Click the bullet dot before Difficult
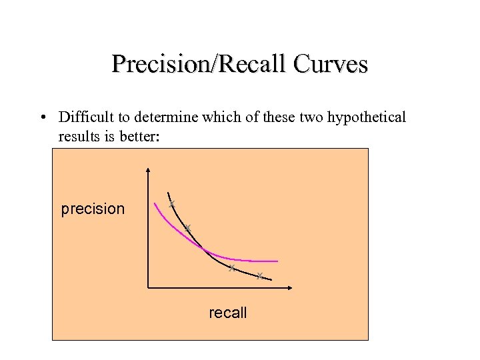tap(42, 118)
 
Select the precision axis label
tap(93, 209)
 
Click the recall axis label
tap(228, 312)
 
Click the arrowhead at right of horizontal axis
tap(291, 288)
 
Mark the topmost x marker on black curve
tap(171, 203)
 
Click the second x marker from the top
tap(188, 228)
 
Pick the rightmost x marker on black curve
tap(259, 275)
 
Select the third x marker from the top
tap(231, 268)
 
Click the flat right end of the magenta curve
tap(275, 261)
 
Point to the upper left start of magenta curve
tap(155, 204)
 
